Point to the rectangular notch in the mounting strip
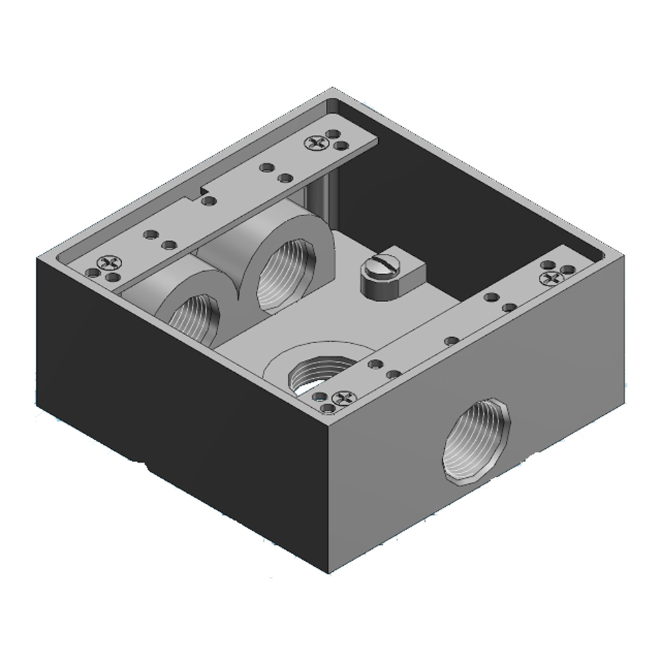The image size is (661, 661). click(196, 192)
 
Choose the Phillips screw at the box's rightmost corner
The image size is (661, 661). click(550, 278)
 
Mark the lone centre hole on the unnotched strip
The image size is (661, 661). click(449, 340)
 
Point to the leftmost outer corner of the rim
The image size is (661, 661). click(37, 257)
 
